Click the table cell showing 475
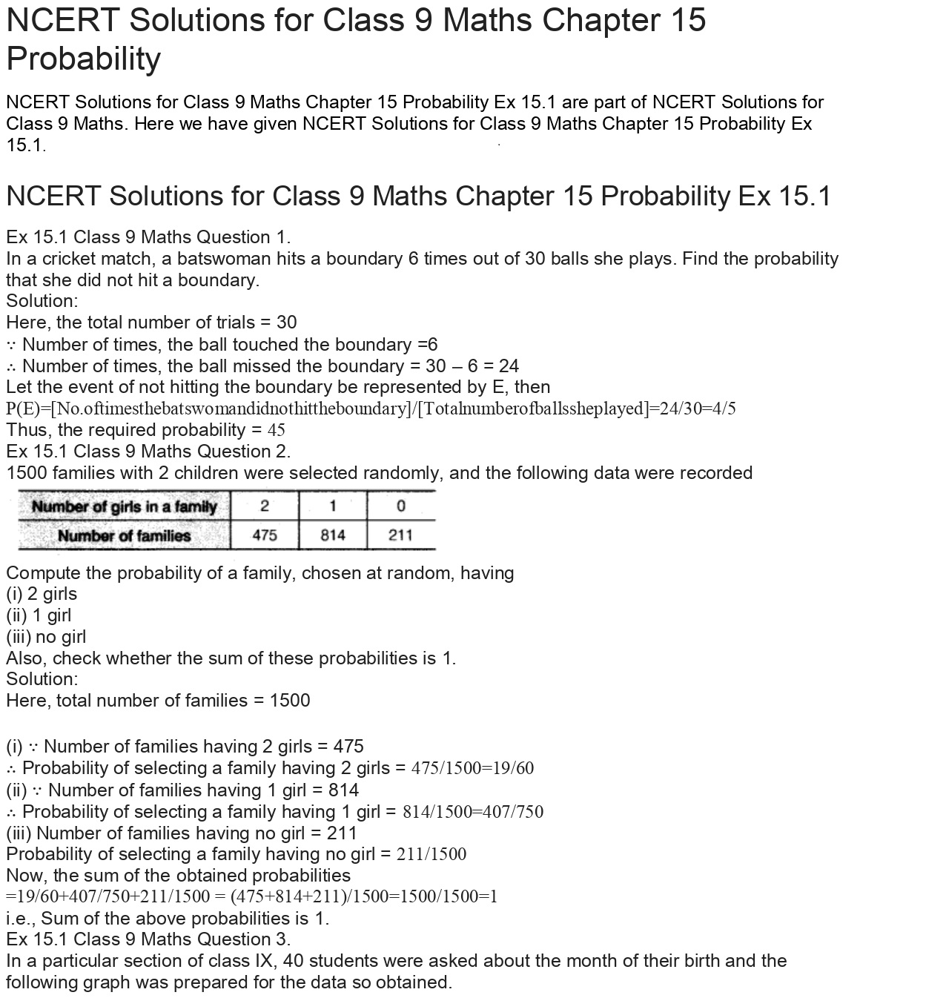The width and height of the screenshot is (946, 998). (265, 535)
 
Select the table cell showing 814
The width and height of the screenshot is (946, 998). (333, 535)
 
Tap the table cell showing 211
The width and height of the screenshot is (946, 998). (400, 535)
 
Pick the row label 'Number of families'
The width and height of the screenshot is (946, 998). (124, 535)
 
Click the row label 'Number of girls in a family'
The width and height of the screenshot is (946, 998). (124, 507)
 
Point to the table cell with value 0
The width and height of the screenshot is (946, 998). (400, 506)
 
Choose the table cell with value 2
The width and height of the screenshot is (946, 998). (265, 506)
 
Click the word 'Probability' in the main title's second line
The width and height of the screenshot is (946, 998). (84, 59)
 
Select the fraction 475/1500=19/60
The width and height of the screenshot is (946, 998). (472, 768)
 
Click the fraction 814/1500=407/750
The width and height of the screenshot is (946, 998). (472, 812)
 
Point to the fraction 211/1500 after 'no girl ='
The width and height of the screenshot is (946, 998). (431, 854)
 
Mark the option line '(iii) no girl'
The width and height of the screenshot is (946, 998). (46, 637)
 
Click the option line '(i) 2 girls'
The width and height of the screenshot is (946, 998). (42, 594)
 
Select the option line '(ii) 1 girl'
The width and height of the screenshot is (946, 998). (39, 615)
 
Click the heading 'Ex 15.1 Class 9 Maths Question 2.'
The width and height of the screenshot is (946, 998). (148, 452)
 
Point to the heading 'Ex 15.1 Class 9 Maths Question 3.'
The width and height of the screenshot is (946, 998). (148, 939)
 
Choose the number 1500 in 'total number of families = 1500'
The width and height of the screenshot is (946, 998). (290, 701)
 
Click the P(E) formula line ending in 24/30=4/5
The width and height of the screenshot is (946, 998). (371, 409)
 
